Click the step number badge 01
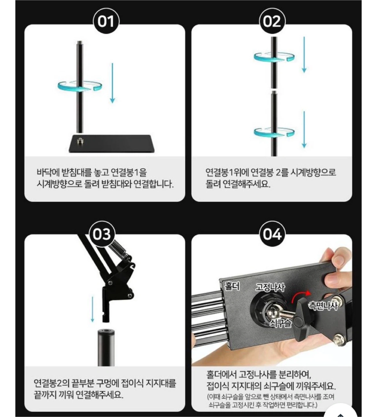[x=106, y=22]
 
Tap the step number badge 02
[x=272, y=22]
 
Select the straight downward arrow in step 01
[x=112, y=83]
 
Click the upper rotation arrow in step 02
[x=275, y=57]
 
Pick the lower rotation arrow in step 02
[x=275, y=132]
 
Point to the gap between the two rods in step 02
[x=274, y=91]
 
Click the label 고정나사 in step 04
[x=270, y=288]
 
